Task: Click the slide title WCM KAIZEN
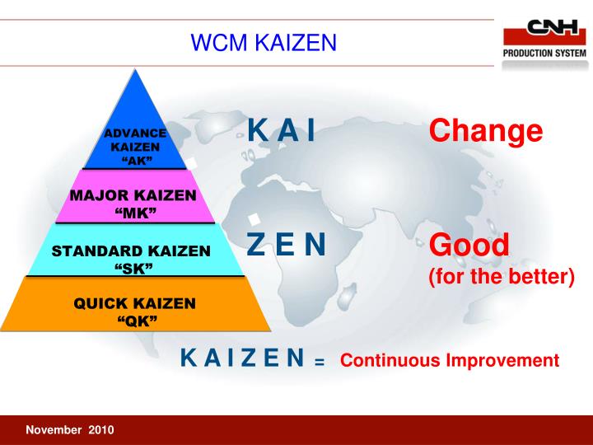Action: tap(264, 42)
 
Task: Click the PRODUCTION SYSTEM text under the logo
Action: tap(544, 54)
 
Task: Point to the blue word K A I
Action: tap(282, 131)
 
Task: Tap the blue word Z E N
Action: tap(287, 244)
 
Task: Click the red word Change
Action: tap(486, 131)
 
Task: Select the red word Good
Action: tap(469, 245)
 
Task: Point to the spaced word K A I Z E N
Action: tap(243, 358)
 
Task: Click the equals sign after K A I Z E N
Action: tap(320, 363)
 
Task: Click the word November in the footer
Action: tap(54, 430)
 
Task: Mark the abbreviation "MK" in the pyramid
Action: tap(134, 213)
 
